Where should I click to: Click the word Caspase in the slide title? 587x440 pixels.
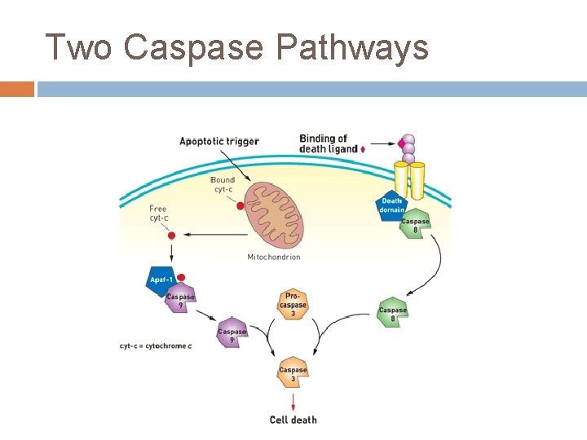194,47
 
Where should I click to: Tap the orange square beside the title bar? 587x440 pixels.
16,89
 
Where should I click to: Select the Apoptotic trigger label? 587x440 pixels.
218,142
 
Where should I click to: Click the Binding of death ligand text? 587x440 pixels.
329,144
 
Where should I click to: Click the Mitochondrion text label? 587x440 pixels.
273,257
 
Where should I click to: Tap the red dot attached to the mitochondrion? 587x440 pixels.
240,207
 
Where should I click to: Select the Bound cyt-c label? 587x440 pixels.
223,185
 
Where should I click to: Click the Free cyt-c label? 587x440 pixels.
158,213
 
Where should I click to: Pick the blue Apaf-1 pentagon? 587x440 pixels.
161,280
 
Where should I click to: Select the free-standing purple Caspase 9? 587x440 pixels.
232,332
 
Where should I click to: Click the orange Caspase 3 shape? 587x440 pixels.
293,373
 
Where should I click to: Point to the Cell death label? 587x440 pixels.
293,420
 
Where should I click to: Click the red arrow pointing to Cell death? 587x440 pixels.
293,402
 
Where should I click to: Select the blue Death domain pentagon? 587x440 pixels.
391,205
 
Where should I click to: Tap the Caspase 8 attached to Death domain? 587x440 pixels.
415,224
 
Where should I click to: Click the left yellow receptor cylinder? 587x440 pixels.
400,179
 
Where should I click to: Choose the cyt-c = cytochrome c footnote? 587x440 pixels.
156,346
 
